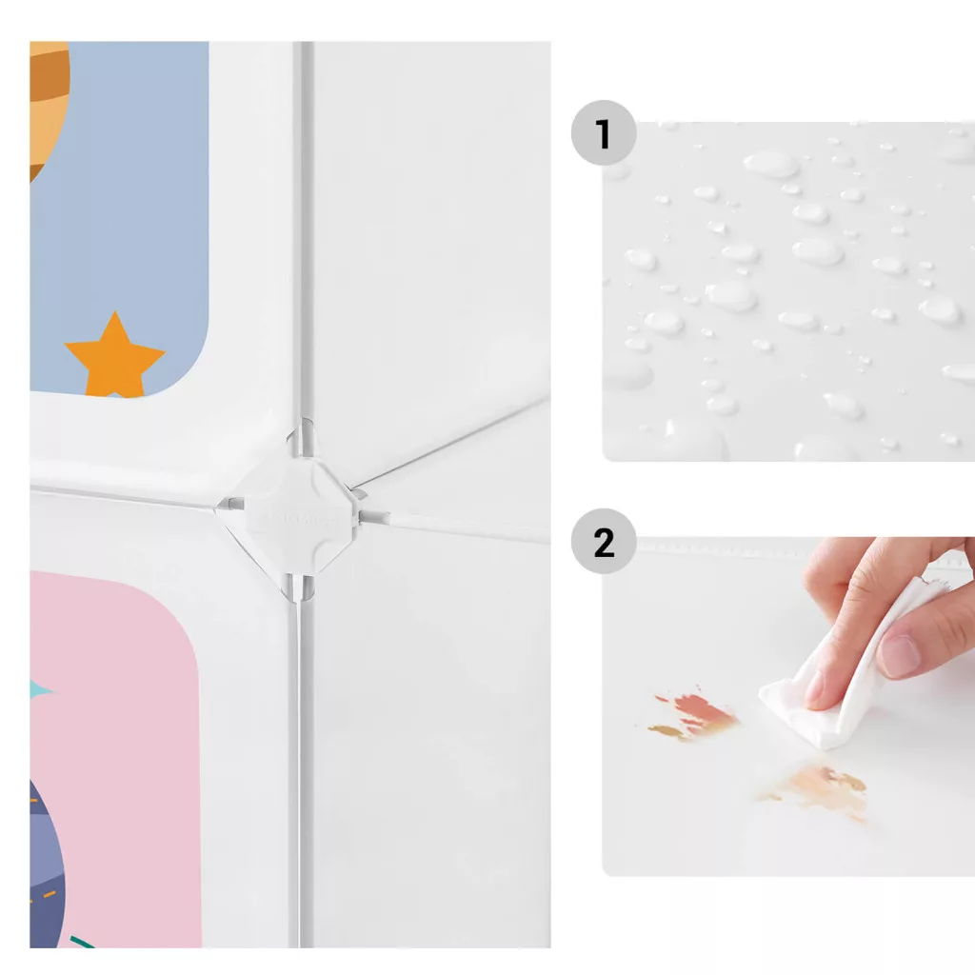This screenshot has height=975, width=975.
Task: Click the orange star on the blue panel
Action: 114,356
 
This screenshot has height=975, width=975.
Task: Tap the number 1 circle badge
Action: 603,132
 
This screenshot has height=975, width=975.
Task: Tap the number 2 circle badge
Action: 603,541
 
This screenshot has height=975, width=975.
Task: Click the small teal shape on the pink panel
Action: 40,689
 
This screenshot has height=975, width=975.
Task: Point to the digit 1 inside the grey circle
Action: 603,133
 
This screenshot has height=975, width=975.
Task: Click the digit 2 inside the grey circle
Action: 604,543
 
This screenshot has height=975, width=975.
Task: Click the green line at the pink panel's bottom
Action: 82,942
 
